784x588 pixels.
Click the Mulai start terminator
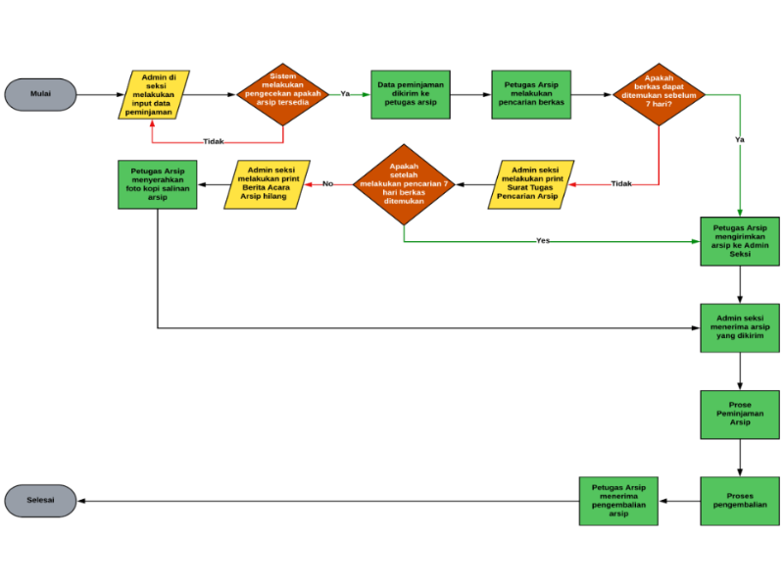[40, 94]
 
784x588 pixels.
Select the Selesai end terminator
[40, 500]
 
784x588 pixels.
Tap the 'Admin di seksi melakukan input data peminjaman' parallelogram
[154, 94]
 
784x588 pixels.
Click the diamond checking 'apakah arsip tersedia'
[283, 94]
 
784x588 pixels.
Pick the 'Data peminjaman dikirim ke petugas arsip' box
[411, 94]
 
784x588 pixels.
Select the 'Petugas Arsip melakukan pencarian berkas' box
[531, 94]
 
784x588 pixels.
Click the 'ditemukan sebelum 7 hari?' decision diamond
[659, 94]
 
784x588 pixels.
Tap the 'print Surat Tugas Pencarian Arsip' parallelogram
[531, 184]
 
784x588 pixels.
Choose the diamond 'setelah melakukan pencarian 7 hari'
[404, 184]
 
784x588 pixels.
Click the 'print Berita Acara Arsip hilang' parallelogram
[267, 184]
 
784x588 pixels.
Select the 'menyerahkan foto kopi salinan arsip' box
[157, 184]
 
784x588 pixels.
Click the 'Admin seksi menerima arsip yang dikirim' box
[740, 327]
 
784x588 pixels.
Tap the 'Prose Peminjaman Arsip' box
[740, 415]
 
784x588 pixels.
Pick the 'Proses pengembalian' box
[740, 501]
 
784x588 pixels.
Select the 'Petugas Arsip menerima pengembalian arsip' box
[619, 501]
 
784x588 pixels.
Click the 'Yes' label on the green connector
[543, 240]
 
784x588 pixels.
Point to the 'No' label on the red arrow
[328, 184]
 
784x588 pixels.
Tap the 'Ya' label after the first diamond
[345, 94]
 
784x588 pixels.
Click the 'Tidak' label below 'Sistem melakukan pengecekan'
[214, 142]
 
